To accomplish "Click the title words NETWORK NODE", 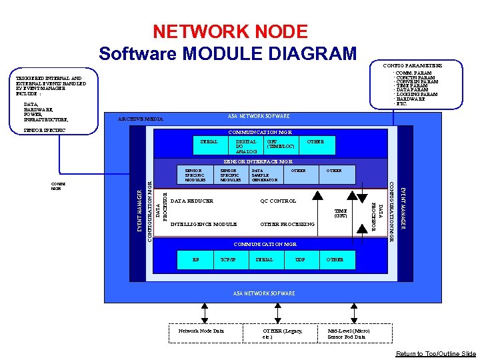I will pyautogui.click(x=230, y=31).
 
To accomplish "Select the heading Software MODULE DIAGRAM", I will pyautogui.click(x=227, y=53).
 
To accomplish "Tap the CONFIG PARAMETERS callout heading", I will pyautogui.click(x=412, y=65).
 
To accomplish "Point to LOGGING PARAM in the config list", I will pyautogui.click(x=417, y=95).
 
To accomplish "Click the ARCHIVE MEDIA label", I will pyautogui.click(x=140, y=119).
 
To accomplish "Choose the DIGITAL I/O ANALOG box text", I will pyautogui.click(x=247, y=147).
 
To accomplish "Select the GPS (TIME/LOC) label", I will pyautogui.click(x=280, y=144).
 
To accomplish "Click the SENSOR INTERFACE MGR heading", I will pyautogui.click(x=258, y=161).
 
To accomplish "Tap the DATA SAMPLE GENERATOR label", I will pyautogui.click(x=264, y=175).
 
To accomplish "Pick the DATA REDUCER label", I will pyautogui.click(x=192, y=201).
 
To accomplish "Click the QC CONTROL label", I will pyautogui.click(x=278, y=201).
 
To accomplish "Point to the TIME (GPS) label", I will pyautogui.click(x=340, y=213).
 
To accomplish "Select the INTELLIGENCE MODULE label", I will pyautogui.click(x=204, y=224).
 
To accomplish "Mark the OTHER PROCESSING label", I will pyautogui.click(x=287, y=224).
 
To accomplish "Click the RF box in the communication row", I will pyautogui.click(x=195, y=259).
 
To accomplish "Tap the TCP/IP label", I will pyautogui.click(x=227, y=259).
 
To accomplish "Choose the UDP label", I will pyautogui.click(x=300, y=259).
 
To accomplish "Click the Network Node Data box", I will pyautogui.click(x=201, y=331).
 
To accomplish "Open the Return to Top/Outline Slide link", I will pyautogui.click(x=436, y=354).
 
